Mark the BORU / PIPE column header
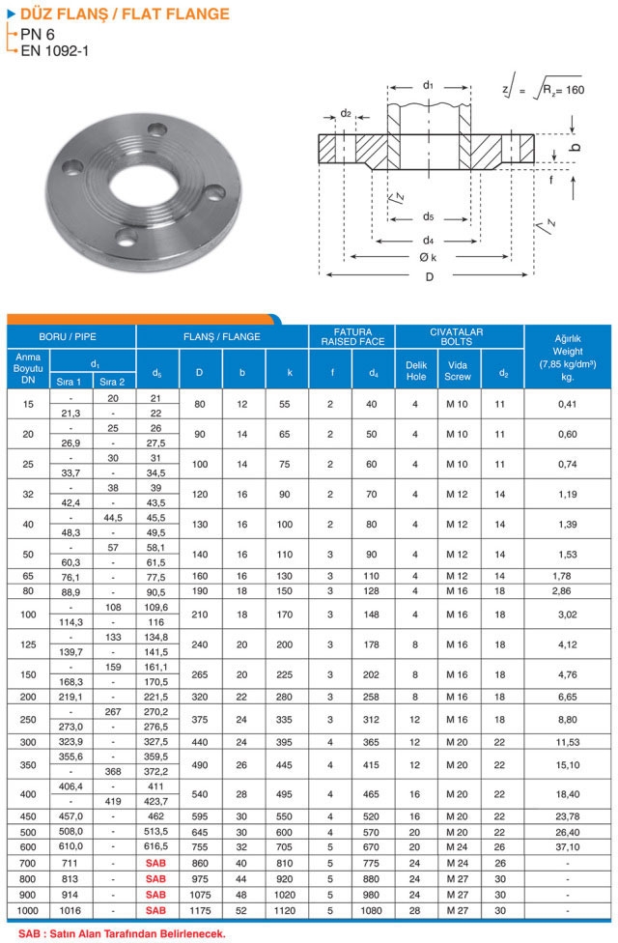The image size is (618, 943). pyautogui.click(x=71, y=336)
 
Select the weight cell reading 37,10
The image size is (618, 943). pyautogui.click(x=568, y=845)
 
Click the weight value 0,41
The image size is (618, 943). pyautogui.click(x=568, y=404)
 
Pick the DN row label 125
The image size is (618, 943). pyautogui.click(x=29, y=643)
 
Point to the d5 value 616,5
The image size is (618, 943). pyautogui.click(x=155, y=845)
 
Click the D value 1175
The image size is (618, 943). pyautogui.click(x=199, y=911)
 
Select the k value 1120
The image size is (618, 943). pyautogui.click(x=289, y=911)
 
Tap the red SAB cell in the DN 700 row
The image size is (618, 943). pyautogui.click(x=155, y=862)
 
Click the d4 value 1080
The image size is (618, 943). pyautogui.click(x=373, y=911)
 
